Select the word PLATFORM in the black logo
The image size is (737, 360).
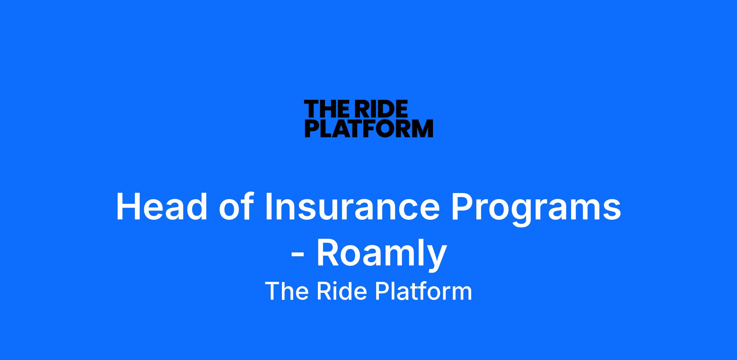click(x=369, y=128)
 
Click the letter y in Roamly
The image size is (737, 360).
click(x=435, y=259)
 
